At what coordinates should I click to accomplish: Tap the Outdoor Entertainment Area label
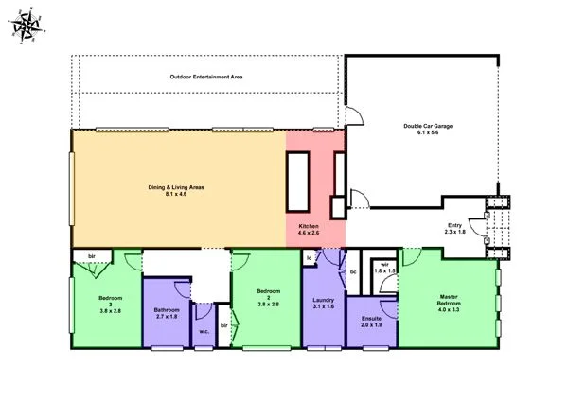click(206, 76)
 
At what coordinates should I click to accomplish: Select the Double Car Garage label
click(426, 125)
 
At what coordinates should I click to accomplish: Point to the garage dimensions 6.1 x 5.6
click(426, 132)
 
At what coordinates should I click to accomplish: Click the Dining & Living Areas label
click(178, 187)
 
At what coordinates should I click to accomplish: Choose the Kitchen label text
click(310, 227)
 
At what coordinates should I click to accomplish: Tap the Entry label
click(454, 224)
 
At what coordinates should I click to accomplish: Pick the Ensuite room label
click(371, 318)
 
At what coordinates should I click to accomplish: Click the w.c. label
click(204, 331)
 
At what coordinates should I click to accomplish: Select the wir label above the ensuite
click(383, 264)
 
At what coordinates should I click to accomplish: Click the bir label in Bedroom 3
click(92, 256)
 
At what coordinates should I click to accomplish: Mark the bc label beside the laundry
click(352, 271)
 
